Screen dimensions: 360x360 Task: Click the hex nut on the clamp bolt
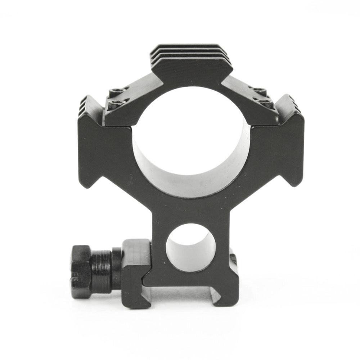click(81, 271)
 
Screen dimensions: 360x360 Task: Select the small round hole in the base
click(190, 248)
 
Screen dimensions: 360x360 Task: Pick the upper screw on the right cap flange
click(258, 90)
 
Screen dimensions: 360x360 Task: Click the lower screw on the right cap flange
click(265, 103)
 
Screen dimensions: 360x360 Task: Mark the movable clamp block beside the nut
click(135, 274)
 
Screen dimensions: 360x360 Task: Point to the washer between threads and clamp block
click(117, 268)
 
